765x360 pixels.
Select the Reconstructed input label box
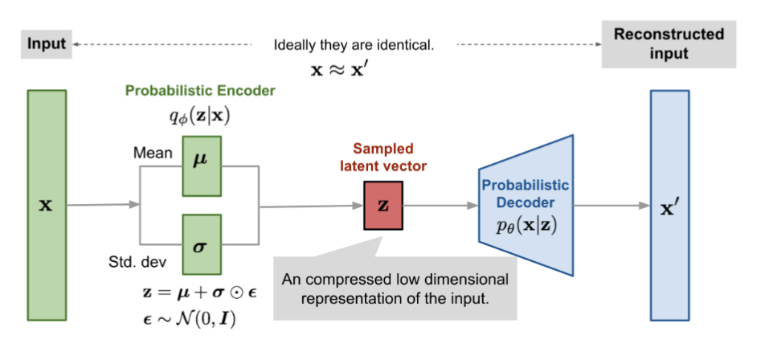pyautogui.click(x=669, y=44)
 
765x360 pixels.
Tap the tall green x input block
pyautogui.click(x=47, y=205)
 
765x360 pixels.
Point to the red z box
pyautogui.click(x=382, y=205)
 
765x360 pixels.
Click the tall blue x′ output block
pyautogui.click(x=669, y=205)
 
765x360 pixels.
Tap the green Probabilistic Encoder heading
pyautogui.click(x=200, y=91)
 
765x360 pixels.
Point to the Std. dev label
pyautogui.click(x=136, y=262)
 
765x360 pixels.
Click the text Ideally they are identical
pyautogui.click(x=354, y=46)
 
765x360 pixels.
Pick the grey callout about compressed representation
pyautogui.click(x=395, y=289)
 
